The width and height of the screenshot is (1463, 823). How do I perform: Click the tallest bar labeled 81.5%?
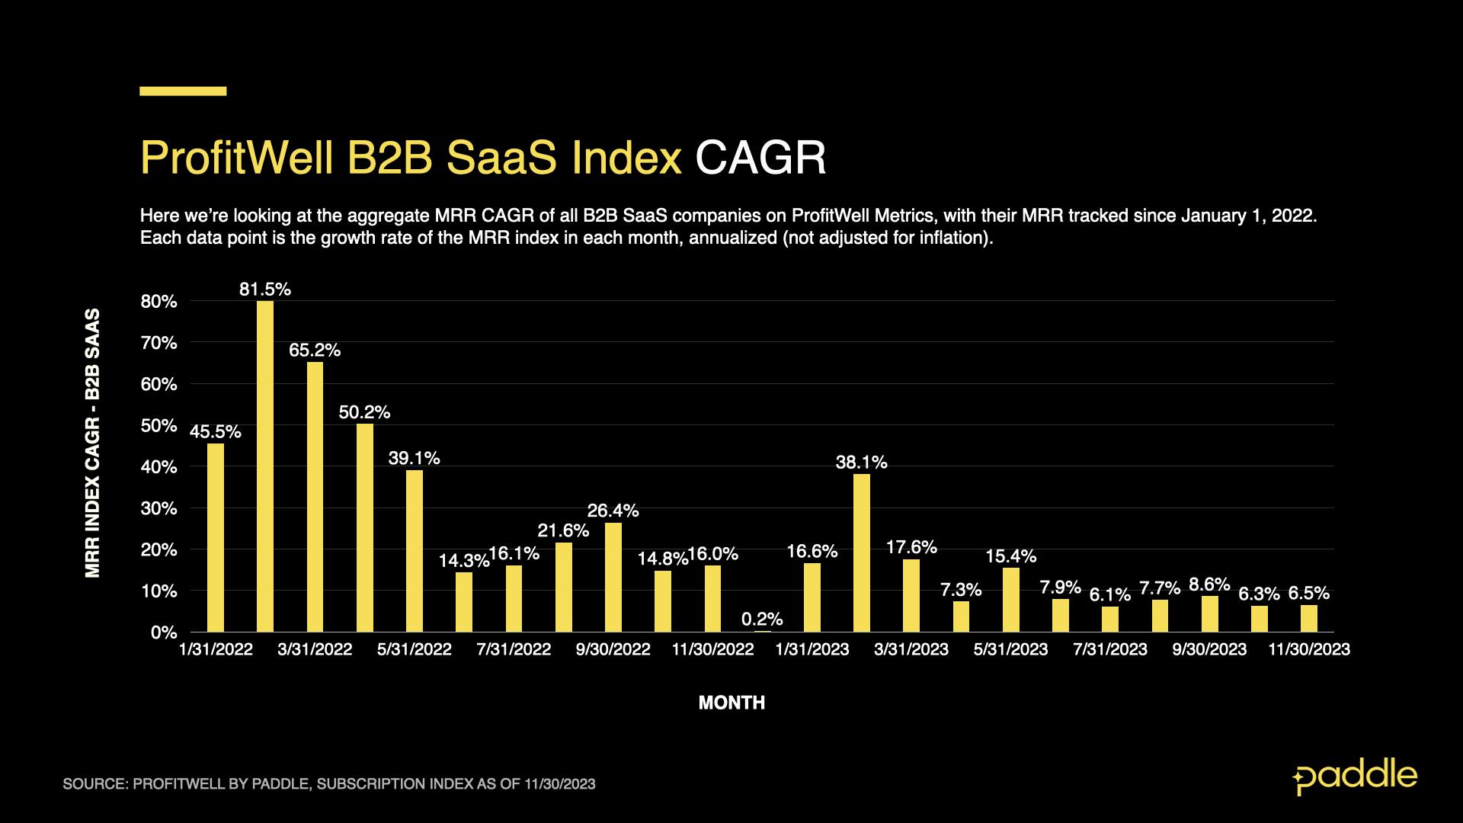265,466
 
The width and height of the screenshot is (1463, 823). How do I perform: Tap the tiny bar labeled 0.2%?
762,631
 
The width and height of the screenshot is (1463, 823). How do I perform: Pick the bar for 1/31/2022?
216,537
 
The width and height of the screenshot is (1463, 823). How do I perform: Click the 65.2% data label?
315,351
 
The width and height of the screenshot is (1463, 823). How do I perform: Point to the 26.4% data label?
613,511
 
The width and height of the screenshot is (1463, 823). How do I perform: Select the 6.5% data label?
1308,593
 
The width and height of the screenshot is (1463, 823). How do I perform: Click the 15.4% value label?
1010,556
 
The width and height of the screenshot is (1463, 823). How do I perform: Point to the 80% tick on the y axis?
158,302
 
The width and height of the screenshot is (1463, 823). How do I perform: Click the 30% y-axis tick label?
158,508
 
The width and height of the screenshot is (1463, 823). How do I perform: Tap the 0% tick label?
164,632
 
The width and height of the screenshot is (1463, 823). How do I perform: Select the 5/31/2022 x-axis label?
414,649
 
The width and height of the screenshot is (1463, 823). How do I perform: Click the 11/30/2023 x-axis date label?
1308,649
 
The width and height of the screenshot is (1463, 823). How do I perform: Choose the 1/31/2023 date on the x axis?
812,649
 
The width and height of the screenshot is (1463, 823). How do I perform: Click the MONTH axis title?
731,703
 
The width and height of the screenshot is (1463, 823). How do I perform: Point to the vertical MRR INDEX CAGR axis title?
93,443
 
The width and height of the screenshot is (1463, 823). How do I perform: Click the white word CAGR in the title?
760,158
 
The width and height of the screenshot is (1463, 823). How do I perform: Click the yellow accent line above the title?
183,91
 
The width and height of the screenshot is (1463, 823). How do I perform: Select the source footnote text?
329,783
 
